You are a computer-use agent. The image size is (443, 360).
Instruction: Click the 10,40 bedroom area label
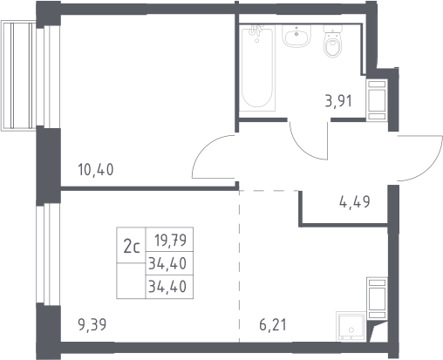coord(96,170)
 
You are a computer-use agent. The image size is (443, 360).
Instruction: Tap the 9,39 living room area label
coord(92,324)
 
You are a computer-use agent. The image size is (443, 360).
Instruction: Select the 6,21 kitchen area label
coord(273,324)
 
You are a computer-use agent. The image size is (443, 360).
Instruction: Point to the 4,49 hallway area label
coord(355,201)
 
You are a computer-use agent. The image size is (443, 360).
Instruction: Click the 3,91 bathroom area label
coord(338,101)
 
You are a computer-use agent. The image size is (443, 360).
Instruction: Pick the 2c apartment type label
coord(132,248)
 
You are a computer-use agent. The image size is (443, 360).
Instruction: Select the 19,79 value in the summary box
coord(171,241)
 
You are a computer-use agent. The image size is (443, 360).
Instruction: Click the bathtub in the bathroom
coord(258,68)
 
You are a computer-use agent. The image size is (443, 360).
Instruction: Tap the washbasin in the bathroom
coord(296,36)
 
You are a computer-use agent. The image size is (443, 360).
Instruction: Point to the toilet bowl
coord(333,46)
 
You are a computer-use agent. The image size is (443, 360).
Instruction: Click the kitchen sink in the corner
coord(351,326)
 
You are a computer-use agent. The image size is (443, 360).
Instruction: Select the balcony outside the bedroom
coord(18,76)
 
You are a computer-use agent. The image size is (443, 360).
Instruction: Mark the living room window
coord(48,254)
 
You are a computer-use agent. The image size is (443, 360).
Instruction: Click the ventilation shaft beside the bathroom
coord(377,100)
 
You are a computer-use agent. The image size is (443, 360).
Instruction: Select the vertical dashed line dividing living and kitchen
coord(240,266)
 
